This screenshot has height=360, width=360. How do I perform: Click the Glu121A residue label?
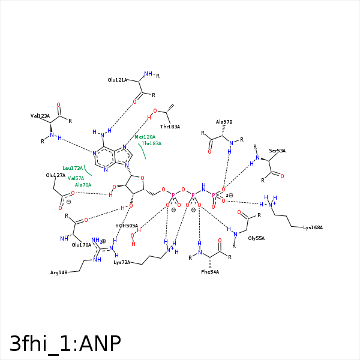pos(117,80)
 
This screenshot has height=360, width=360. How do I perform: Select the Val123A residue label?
pos(40,116)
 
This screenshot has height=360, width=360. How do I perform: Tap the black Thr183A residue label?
pos(170,127)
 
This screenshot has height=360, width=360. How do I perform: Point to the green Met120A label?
pos(144,137)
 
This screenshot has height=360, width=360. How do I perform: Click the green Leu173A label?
pos(73,168)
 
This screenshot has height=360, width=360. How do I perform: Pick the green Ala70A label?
pos(83,185)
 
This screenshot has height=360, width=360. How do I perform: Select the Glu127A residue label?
pos(55,175)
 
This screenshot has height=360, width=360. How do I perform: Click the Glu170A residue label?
pos(81,245)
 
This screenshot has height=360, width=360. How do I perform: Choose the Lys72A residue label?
pos(122,262)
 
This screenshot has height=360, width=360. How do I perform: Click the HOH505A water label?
pos(127,226)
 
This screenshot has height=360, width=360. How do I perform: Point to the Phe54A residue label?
pos(210,272)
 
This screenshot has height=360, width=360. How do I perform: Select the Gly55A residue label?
pos(256,238)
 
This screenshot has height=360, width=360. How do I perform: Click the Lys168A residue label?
pos(313,227)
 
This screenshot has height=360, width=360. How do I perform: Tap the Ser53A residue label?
pos(277,151)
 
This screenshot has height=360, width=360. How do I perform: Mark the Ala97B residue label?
pos(224,121)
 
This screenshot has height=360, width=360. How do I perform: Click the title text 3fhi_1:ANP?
pos(65,343)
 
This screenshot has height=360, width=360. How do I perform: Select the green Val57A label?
pos(76,178)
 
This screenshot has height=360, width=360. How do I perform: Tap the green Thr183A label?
pos(151,143)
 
